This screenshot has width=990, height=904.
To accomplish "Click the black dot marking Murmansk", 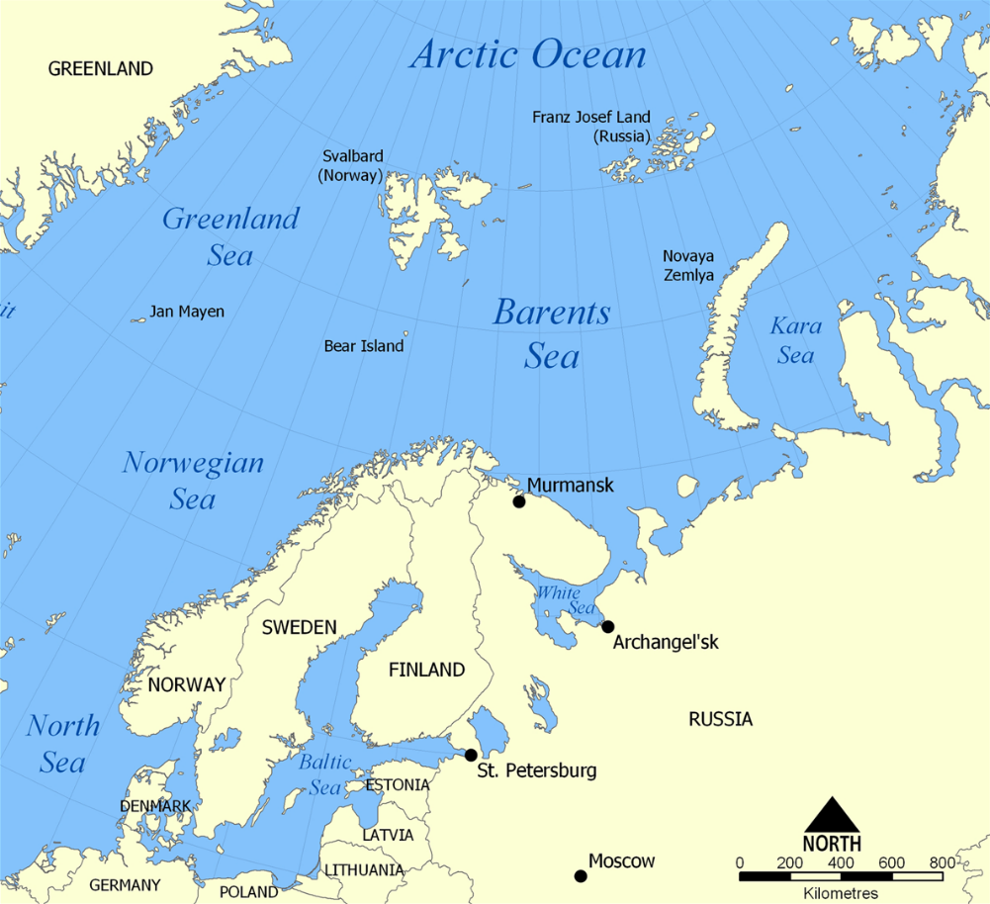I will (518, 501).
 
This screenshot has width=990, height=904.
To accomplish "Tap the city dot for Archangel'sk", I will (607, 626).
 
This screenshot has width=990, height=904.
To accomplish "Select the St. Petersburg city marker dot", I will (471, 756).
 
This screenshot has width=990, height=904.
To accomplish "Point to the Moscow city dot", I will (581, 875).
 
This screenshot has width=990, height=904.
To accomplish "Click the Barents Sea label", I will (552, 334).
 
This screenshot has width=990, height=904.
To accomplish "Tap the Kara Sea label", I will (795, 340).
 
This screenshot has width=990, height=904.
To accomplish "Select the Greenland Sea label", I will (230, 236).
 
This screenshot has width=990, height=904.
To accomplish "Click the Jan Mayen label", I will (186, 312).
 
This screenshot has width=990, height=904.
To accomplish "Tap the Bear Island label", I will (364, 346).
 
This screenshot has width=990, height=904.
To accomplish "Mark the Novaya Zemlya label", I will (688, 265).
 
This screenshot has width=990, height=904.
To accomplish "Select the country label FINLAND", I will (426, 670).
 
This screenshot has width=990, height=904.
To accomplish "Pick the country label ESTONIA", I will (398, 785).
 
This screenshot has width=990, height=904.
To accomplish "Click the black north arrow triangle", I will (831, 815).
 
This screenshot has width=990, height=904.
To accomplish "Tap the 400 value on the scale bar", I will (841, 863).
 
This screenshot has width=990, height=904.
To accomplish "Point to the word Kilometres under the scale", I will (841, 892).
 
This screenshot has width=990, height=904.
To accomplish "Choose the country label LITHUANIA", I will (365, 870).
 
